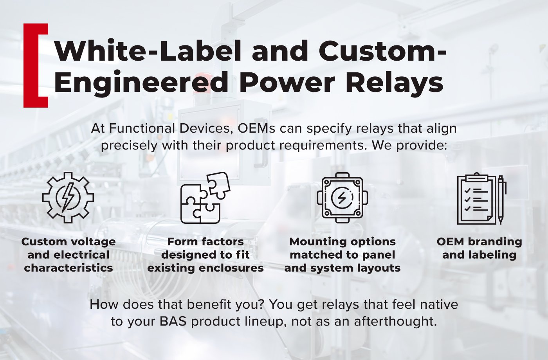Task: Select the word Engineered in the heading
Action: coord(141,83)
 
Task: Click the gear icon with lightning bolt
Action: coord(68,197)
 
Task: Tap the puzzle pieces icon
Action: coord(204,198)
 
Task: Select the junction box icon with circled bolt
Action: coord(342,197)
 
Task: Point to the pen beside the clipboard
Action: coord(501,200)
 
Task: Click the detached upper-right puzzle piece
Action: coord(218,185)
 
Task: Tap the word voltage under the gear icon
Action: coord(92,242)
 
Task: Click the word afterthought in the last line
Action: coord(395,321)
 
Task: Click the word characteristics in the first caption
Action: coord(68,268)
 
